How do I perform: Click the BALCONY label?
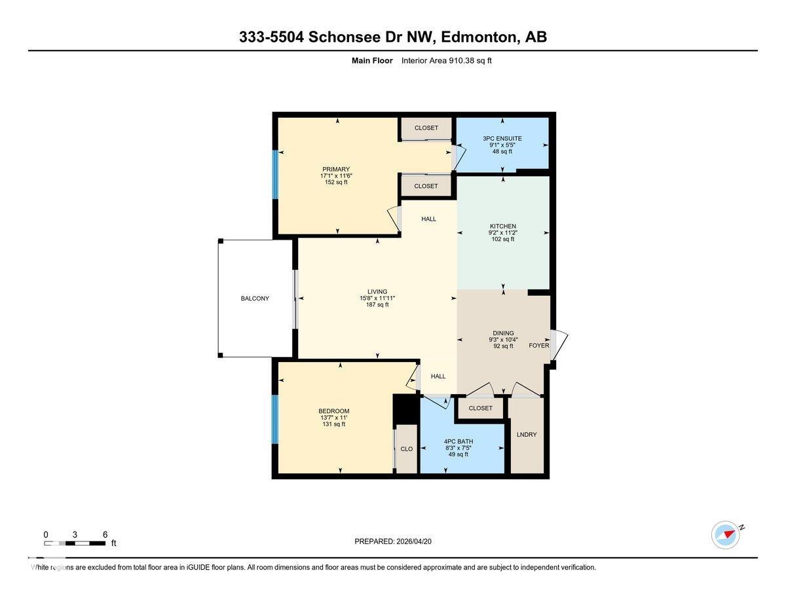point(255,298)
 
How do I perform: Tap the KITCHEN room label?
point(503,227)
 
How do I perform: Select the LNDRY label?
point(527,435)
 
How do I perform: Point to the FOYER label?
point(539,345)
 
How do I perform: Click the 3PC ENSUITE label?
point(502,138)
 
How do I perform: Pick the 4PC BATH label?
point(458,441)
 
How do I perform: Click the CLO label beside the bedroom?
point(407,449)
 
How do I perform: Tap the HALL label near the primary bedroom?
point(428,219)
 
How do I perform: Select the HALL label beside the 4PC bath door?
point(438,377)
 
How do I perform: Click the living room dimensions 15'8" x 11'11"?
point(377,298)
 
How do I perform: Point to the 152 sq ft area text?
point(336,182)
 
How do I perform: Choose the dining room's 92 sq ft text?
point(503,346)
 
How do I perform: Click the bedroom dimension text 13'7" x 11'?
point(333,418)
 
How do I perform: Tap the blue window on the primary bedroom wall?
point(275,174)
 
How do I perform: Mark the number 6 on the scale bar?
point(105,534)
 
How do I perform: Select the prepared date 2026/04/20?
point(414,542)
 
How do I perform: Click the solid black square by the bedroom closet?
point(405,409)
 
